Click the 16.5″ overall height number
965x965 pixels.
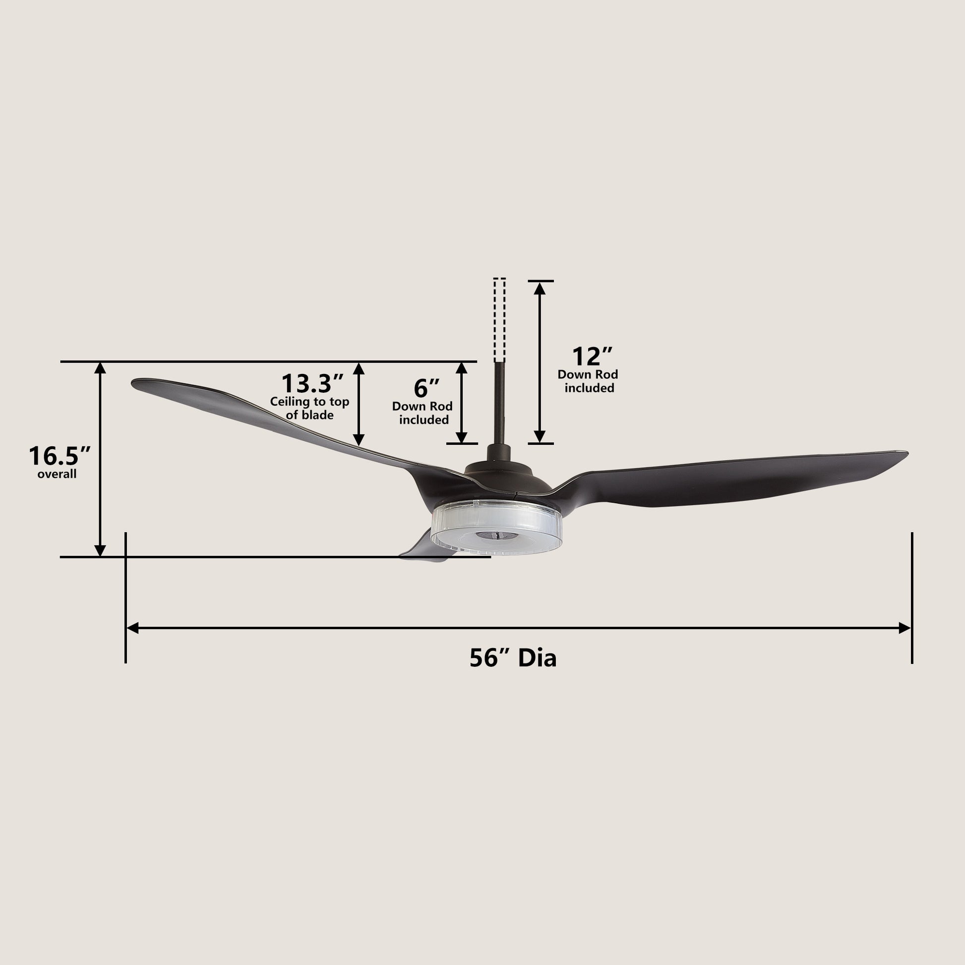click(60, 456)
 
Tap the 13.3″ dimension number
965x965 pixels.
click(312, 384)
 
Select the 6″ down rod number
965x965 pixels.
click(426, 388)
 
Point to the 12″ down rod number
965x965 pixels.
click(592, 357)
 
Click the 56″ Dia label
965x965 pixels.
click(512, 658)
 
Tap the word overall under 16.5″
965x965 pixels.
click(57, 474)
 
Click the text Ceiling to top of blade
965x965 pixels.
click(309, 408)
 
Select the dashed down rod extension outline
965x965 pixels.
click(499, 320)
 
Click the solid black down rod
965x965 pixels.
click(499, 404)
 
